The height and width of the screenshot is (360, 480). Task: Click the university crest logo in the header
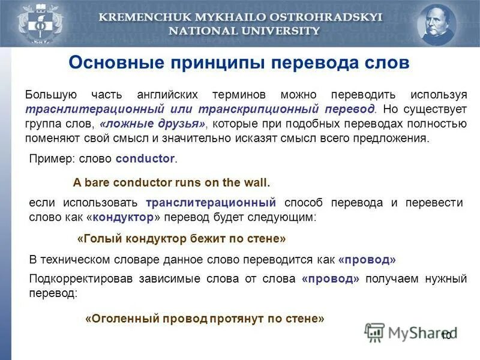[x=31, y=24]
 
